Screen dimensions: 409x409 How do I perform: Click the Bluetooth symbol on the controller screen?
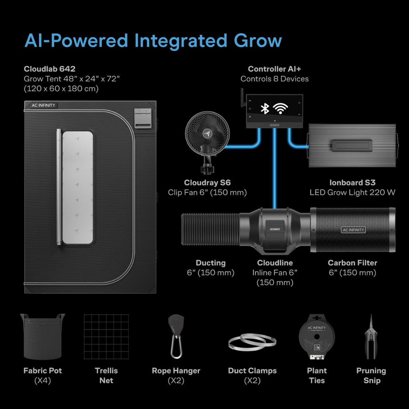tap(265, 109)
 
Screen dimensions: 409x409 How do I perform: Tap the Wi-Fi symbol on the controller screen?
tap(280, 108)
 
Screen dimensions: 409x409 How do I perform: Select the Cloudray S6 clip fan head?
tap(207, 133)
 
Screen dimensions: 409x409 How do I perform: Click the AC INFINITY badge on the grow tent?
tap(43, 105)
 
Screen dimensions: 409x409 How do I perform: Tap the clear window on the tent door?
tap(78, 187)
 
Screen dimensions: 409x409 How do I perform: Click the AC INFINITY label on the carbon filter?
tap(353, 230)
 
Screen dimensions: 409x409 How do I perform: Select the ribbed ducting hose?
tap(210, 229)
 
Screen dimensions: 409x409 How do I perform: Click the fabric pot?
tap(42, 336)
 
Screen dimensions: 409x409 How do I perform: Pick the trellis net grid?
tap(106, 336)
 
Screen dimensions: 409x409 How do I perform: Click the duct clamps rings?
tap(252, 342)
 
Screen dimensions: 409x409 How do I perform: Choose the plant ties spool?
tap(317, 336)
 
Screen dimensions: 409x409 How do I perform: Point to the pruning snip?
tap(371, 337)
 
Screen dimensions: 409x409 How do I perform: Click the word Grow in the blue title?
tap(258, 41)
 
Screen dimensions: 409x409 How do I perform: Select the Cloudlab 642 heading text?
tap(50, 69)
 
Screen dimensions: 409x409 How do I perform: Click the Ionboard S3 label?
tap(352, 183)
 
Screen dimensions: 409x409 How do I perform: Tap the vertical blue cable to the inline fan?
tap(274, 168)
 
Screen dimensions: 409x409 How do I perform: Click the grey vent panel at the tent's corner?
tap(143, 118)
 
